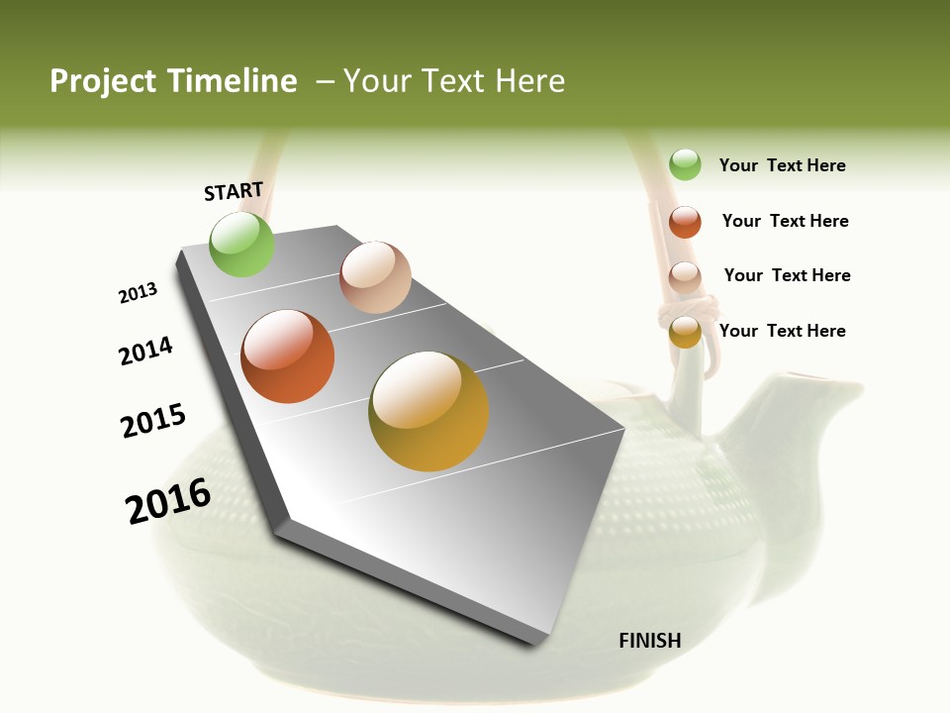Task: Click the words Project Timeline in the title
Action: point(173,81)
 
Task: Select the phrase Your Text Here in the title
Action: point(454,81)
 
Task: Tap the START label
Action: point(234,191)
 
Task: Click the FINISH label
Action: point(649,641)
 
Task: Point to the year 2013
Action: point(138,293)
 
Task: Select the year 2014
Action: point(145,351)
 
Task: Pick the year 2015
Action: point(153,421)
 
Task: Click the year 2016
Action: point(168,501)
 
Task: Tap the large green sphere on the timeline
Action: point(241,244)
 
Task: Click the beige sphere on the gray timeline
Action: point(375,277)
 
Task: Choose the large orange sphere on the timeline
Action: point(288,356)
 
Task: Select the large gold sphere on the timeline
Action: point(428,411)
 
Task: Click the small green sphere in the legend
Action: point(685,164)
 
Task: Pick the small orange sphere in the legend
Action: point(685,222)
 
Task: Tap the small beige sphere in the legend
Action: point(685,277)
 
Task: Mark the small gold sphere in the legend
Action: point(685,332)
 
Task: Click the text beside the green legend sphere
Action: point(782,165)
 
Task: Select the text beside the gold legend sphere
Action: point(782,331)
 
